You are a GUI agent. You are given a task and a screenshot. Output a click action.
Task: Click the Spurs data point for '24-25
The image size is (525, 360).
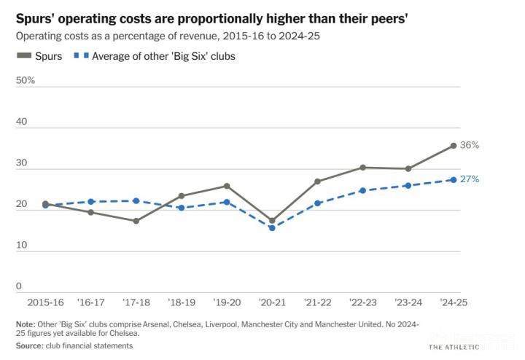[454, 146]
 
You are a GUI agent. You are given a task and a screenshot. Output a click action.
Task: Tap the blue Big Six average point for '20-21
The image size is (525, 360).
[272, 228]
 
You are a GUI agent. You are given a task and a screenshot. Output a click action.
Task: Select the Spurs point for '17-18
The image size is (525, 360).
[136, 221]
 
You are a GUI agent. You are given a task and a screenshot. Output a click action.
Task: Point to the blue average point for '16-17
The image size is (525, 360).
[90, 201]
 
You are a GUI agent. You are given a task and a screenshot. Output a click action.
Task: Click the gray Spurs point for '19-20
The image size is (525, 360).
[227, 186]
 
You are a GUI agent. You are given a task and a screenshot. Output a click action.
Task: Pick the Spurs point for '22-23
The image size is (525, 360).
[362, 168]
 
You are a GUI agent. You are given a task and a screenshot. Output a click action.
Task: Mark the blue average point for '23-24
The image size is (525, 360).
[408, 185]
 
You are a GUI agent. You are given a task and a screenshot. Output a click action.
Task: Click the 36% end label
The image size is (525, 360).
[470, 145]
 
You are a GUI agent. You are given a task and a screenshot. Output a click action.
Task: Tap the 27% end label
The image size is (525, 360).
[470, 179]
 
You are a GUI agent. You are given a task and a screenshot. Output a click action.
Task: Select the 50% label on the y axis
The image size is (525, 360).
[26, 80]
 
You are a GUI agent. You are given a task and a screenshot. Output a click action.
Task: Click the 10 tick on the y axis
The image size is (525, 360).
[21, 245]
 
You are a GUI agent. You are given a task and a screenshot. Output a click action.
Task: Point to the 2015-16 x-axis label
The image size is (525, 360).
[45, 302]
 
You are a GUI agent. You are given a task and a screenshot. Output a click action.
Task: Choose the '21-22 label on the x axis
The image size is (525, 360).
[317, 302]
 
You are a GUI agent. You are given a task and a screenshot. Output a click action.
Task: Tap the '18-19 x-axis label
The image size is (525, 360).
[182, 302]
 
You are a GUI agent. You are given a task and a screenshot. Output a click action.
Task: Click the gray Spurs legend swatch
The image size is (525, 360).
[24, 55]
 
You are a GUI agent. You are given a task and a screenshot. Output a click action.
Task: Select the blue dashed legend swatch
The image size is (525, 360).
[82, 55]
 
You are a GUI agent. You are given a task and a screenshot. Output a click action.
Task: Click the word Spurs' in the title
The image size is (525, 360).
[35, 19]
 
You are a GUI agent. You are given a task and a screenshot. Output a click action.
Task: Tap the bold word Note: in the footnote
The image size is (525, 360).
[26, 324]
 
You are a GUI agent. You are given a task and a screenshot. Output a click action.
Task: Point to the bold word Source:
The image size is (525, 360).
[29, 345]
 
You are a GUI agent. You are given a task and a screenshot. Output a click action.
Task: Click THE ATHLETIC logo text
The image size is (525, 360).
[454, 348]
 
